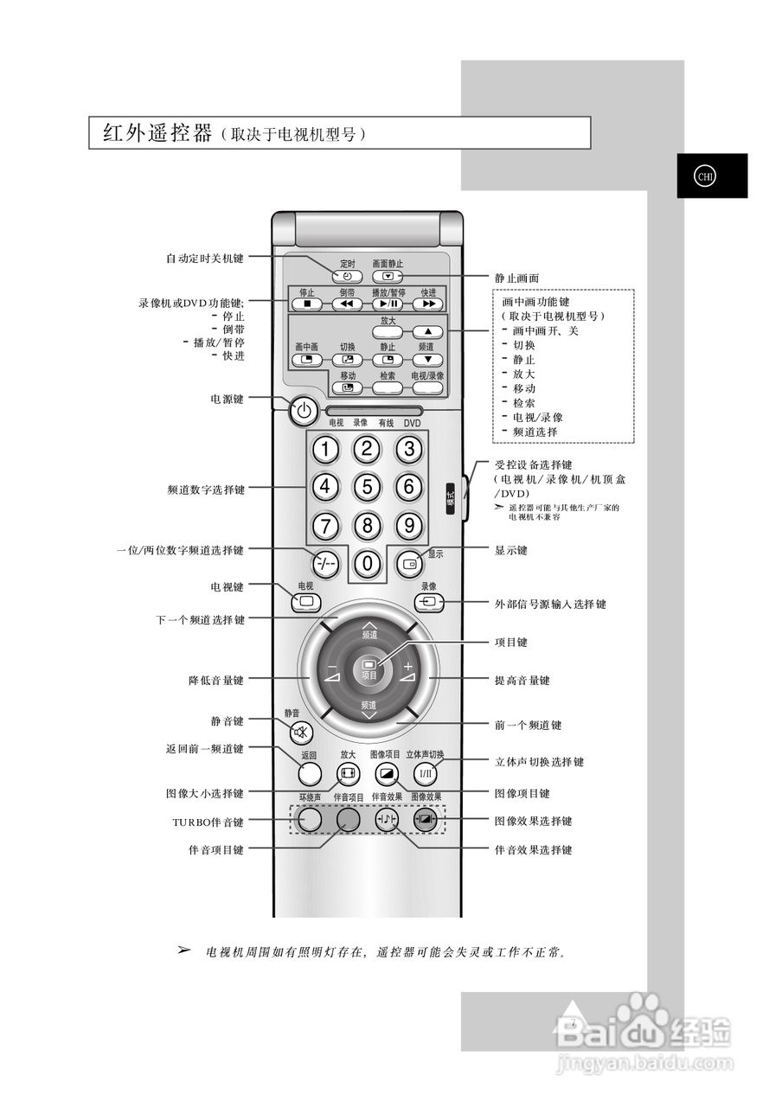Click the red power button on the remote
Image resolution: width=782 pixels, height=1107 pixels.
(x=303, y=412)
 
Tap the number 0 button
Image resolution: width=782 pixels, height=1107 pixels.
(x=367, y=564)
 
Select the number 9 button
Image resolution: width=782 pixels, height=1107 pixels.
(x=408, y=525)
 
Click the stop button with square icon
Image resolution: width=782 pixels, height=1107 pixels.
(x=306, y=304)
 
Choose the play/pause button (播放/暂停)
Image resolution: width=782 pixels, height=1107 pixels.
(x=388, y=304)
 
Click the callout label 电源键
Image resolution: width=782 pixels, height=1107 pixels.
(x=228, y=400)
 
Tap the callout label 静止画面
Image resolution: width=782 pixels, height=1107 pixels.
(x=516, y=278)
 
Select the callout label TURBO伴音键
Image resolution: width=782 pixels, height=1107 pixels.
(x=208, y=822)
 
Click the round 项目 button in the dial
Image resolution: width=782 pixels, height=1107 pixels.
(x=369, y=670)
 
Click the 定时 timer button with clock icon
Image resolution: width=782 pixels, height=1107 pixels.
(x=346, y=277)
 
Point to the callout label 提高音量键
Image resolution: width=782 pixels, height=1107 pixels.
(x=522, y=681)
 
